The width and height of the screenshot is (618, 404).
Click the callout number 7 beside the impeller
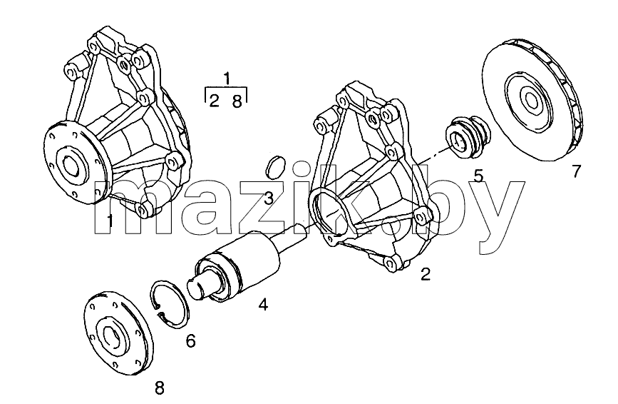[576, 171]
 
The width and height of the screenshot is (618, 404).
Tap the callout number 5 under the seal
[478, 176]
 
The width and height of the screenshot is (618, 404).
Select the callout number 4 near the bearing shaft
[263, 304]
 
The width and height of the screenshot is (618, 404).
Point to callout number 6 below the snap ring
[191, 341]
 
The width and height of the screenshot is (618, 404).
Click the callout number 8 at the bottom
[159, 388]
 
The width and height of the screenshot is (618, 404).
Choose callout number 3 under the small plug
[269, 198]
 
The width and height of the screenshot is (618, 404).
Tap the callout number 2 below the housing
[426, 274]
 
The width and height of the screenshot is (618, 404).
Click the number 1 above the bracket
[226, 79]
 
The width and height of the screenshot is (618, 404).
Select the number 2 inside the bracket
[214, 101]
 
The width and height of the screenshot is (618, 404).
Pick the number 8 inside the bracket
[237, 101]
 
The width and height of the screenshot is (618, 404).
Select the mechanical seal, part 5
[468, 136]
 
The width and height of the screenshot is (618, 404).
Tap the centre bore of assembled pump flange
[71, 163]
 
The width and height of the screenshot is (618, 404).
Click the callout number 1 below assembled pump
[110, 221]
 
